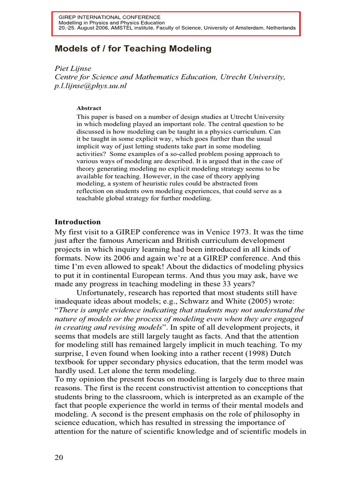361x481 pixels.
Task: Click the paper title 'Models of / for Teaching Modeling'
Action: [133, 48]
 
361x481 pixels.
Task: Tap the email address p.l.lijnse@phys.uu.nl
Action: [91, 86]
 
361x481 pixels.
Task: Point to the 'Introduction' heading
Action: [78, 222]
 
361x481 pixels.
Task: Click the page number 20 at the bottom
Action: [60, 458]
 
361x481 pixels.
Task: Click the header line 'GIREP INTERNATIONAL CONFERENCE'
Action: [109, 17]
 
